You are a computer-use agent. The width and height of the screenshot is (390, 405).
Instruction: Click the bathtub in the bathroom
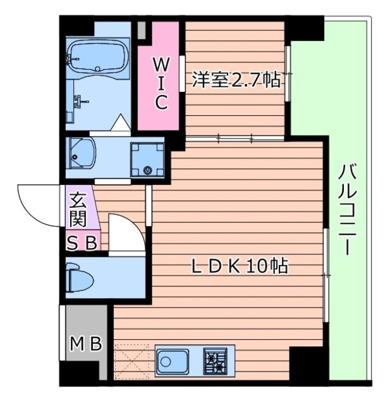click(99, 58)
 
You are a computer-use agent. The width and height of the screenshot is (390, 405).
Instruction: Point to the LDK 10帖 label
click(240, 266)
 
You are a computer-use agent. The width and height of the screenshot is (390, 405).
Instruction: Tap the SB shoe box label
click(82, 242)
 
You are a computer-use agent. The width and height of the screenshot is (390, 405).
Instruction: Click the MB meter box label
click(85, 344)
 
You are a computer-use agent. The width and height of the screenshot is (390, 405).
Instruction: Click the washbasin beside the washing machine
click(82, 152)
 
